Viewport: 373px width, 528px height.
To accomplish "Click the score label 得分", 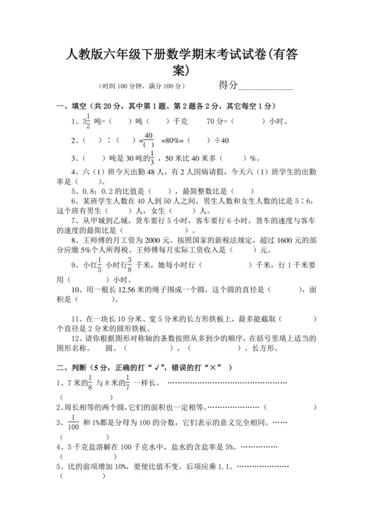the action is [228, 85].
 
